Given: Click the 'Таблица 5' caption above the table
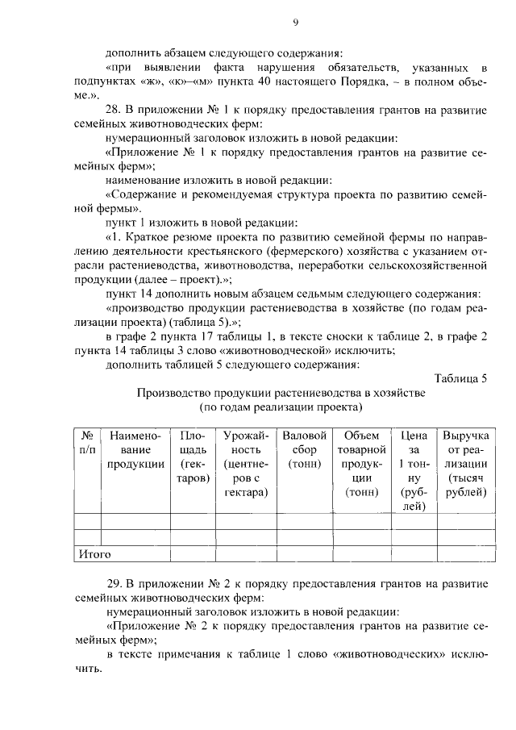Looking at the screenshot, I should pos(460,378).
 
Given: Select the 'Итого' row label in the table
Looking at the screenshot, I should pos(94,554).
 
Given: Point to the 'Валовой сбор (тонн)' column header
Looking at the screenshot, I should pos(305,449).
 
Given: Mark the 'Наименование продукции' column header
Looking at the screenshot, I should pos(135,449).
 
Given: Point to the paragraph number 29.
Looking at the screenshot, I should pos(113,583).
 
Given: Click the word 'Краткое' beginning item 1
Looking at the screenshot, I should pos(149,238).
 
